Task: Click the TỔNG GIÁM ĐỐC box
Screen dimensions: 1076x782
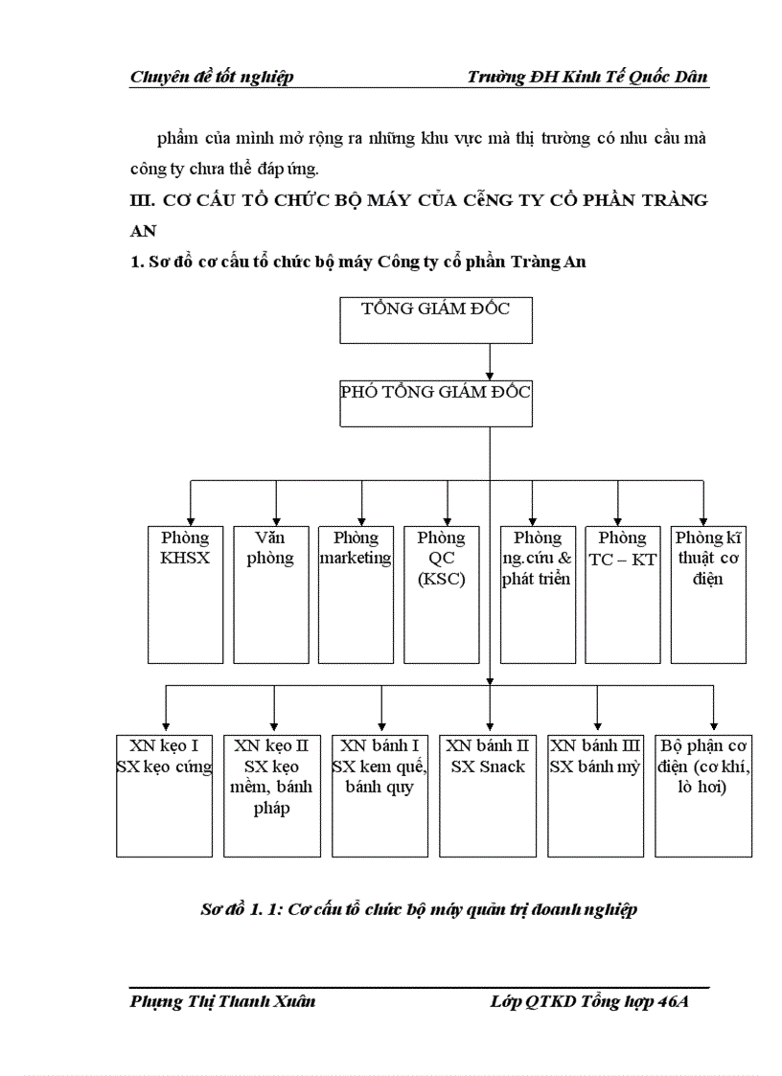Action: (x=436, y=320)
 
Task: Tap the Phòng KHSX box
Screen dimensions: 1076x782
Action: (x=185, y=594)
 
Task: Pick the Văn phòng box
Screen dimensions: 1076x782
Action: (x=270, y=594)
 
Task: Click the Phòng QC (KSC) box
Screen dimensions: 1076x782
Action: (x=441, y=594)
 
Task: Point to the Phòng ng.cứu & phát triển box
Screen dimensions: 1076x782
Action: (x=537, y=594)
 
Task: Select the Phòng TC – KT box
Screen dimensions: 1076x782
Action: (x=623, y=594)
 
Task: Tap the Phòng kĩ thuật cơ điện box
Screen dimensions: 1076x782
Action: (x=708, y=594)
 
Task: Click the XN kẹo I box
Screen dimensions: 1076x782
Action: (x=164, y=795)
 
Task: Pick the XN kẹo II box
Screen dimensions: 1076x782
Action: (x=272, y=795)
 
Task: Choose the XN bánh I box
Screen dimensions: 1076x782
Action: (x=380, y=795)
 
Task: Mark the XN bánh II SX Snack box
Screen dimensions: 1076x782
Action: (x=489, y=795)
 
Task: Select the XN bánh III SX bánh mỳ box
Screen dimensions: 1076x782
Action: (x=596, y=795)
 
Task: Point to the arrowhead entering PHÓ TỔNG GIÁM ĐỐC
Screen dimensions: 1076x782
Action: (x=490, y=376)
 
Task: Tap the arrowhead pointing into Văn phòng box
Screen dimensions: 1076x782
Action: (x=276, y=518)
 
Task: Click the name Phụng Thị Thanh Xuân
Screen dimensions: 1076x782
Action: (x=222, y=1002)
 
